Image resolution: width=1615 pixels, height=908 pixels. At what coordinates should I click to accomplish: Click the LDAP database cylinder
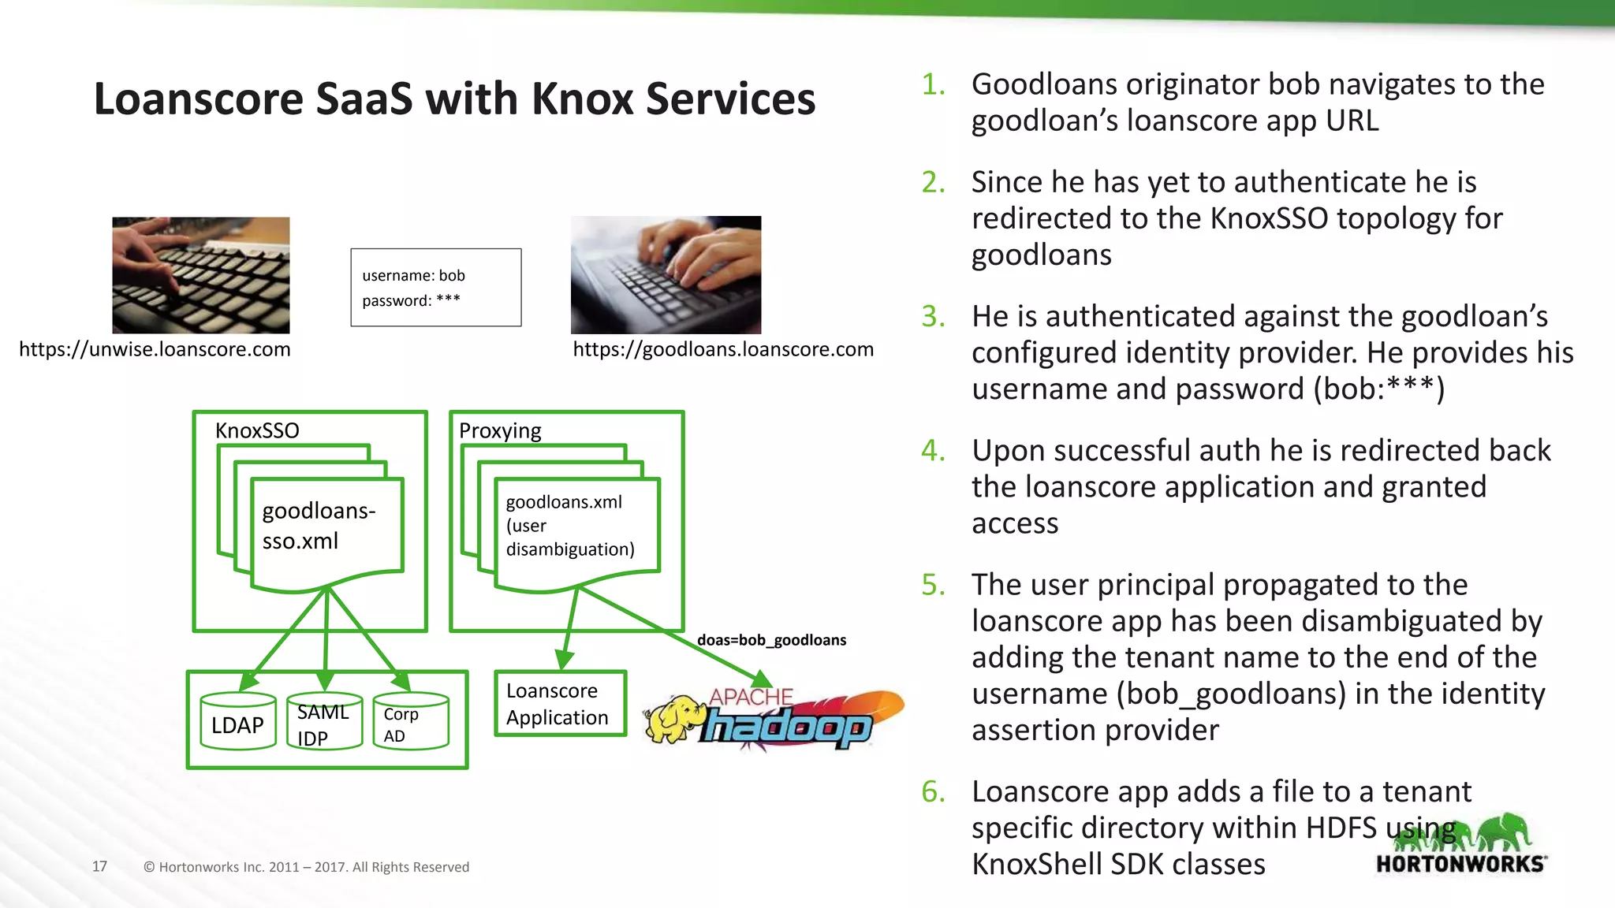point(237,722)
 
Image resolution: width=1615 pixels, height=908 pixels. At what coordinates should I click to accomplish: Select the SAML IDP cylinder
point(324,722)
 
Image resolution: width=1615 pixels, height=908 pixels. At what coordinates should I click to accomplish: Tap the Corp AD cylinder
point(410,722)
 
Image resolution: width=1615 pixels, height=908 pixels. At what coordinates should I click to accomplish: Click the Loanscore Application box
point(560,704)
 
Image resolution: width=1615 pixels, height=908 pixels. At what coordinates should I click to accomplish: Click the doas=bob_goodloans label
point(771,640)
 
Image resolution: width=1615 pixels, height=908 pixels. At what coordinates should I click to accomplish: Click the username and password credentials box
point(435,288)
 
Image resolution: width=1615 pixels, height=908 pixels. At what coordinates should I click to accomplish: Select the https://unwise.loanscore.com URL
point(155,349)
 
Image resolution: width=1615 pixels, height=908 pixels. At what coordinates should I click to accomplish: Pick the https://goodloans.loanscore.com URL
point(722,349)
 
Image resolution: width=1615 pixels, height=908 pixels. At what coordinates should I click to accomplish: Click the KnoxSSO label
point(257,430)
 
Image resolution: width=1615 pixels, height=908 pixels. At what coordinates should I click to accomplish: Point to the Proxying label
point(500,430)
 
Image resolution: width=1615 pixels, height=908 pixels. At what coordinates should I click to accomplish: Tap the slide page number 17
point(99,866)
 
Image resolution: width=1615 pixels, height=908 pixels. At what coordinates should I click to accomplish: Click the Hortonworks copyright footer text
point(306,867)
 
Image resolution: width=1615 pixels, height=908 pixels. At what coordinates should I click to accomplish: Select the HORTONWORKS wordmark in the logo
point(1460,864)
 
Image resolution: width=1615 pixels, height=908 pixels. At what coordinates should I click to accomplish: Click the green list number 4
point(933,451)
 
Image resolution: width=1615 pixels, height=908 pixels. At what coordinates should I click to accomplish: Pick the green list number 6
point(933,791)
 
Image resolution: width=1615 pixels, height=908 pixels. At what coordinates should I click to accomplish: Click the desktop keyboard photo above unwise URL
point(200,275)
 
